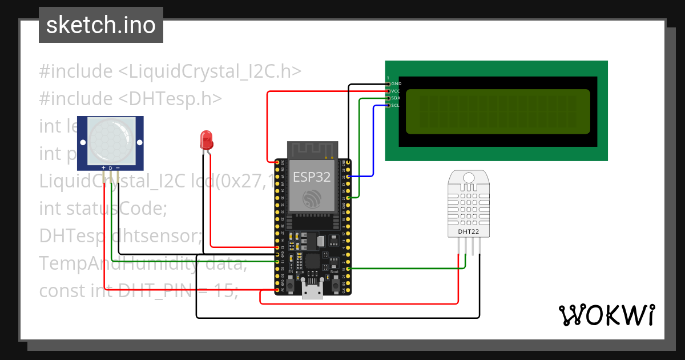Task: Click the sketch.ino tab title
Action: (100, 25)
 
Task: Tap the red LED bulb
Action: (206, 139)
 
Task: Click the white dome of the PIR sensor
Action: (110, 142)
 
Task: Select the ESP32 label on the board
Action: (312, 177)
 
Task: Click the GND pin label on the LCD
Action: (396, 83)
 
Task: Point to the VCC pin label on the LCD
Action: (396, 91)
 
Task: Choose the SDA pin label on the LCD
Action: (396, 98)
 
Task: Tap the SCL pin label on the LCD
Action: (396, 105)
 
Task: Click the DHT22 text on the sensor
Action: (469, 232)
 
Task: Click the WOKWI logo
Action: (606, 315)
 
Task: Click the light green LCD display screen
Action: (497, 111)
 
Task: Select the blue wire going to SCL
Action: (373, 143)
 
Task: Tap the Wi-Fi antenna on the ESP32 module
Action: (312, 150)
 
